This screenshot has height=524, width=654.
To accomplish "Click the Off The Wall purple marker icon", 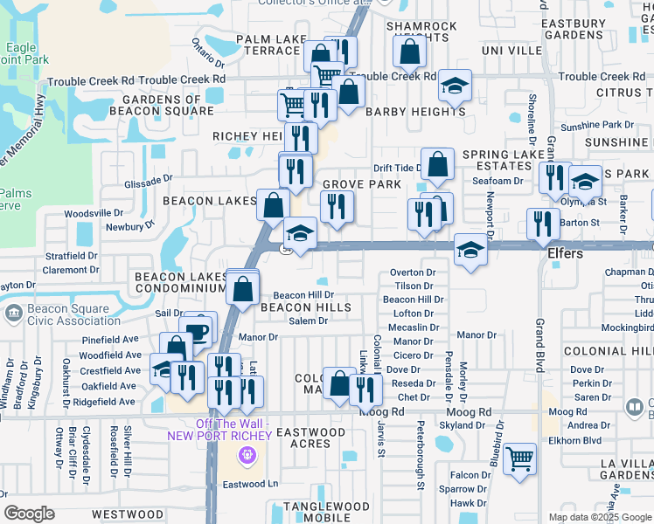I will (247, 455).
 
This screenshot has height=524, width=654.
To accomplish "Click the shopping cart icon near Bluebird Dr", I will (520, 458).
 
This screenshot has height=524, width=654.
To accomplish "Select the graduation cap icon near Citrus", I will (455, 86).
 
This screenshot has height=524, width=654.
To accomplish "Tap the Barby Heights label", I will (415, 112).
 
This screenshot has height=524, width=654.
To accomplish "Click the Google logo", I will (29, 514).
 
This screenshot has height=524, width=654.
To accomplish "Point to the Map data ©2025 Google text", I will (600, 517).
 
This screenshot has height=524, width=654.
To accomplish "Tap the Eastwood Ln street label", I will (248, 484).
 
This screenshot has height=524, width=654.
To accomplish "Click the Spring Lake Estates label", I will (497, 161).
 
